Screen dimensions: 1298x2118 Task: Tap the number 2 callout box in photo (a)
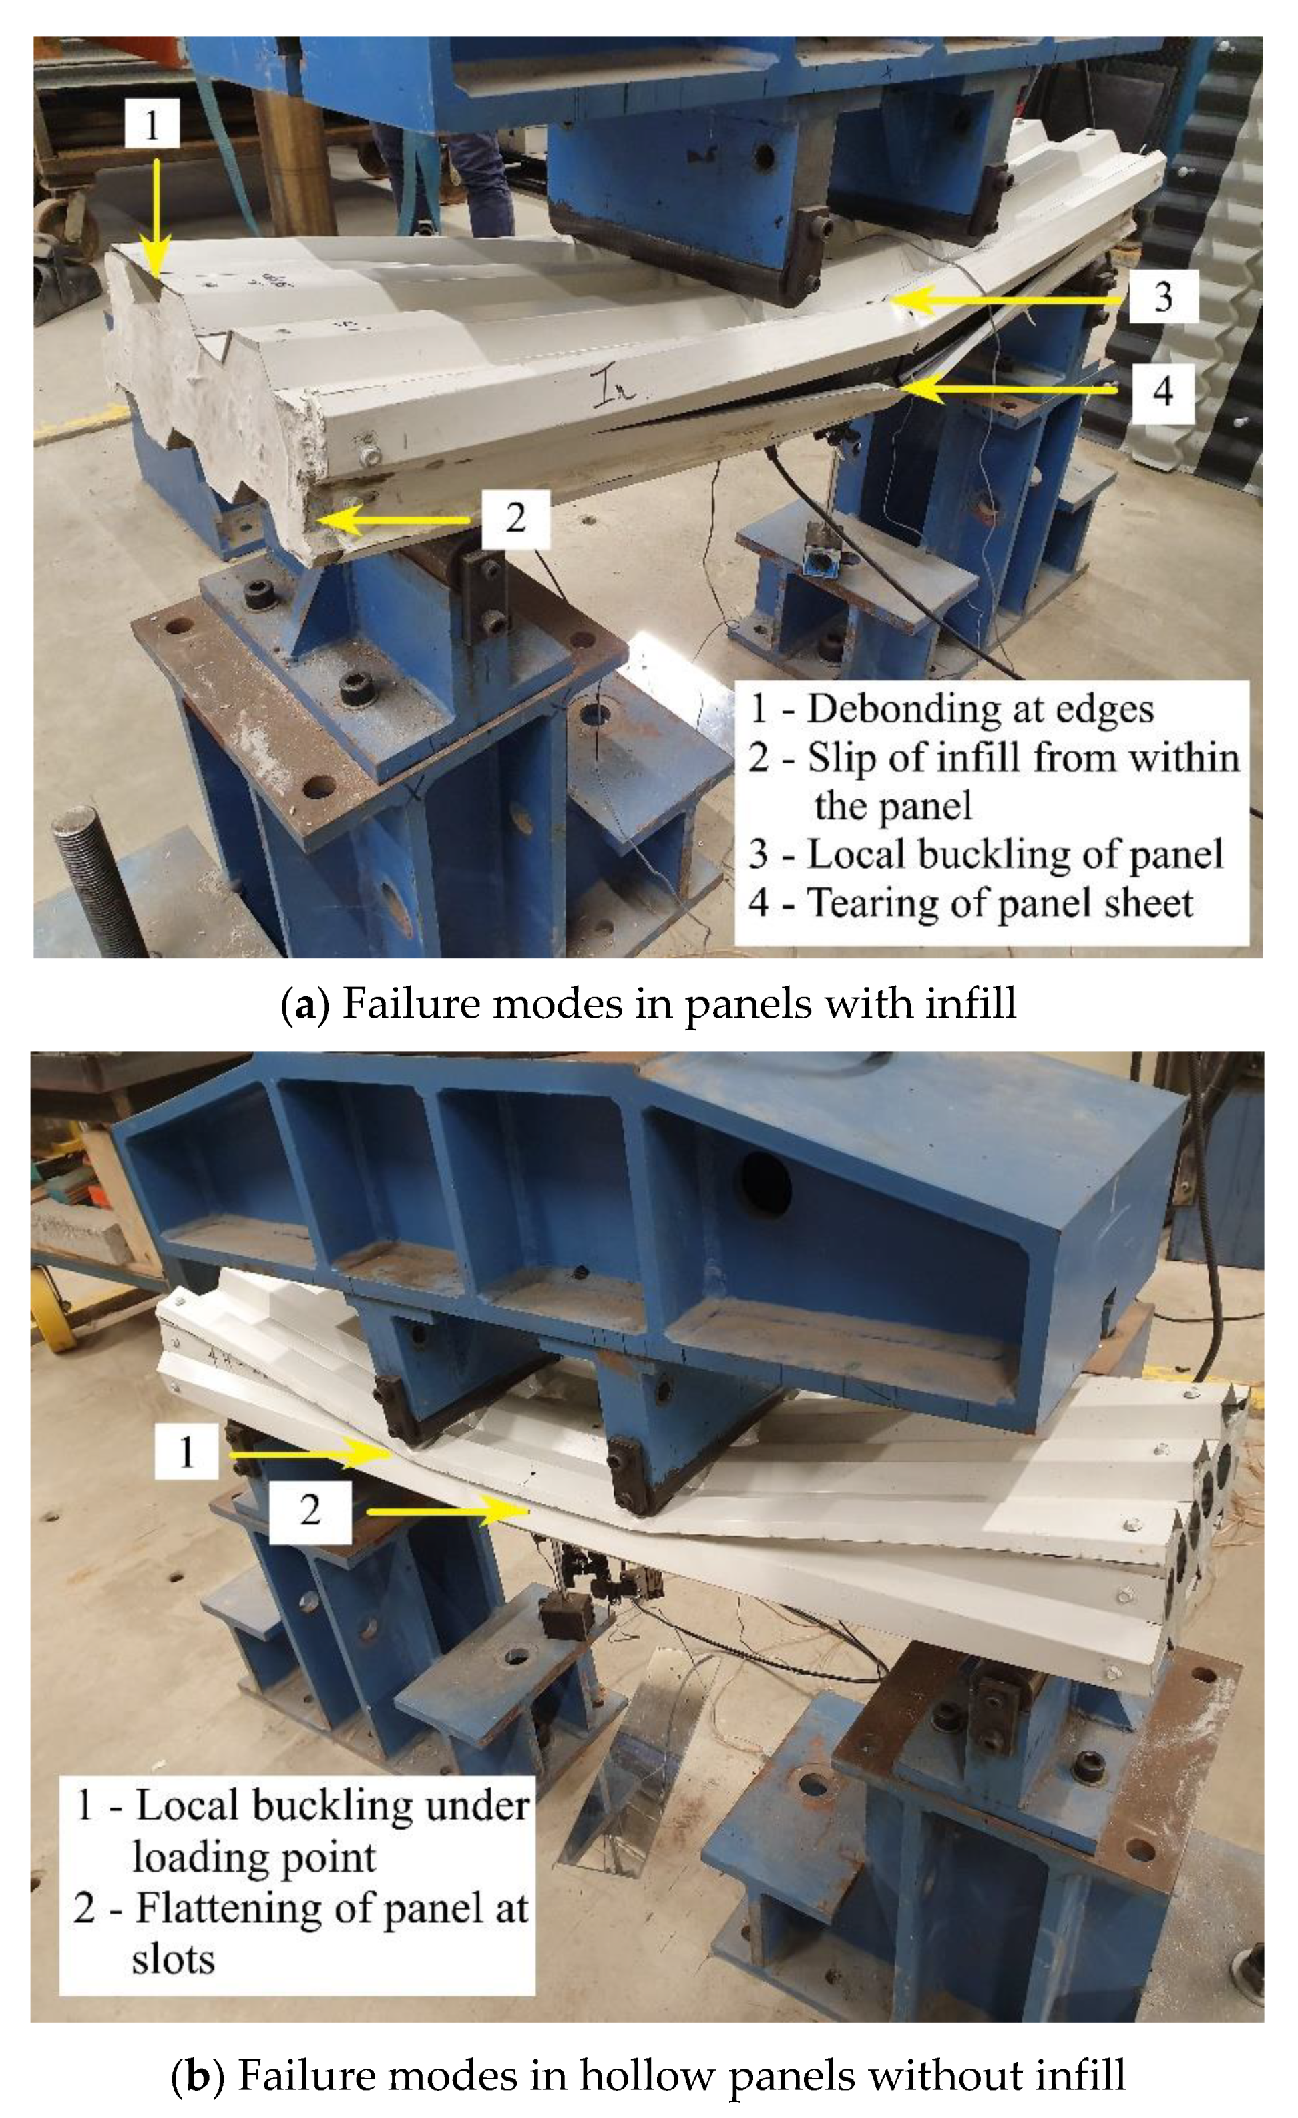point(515,518)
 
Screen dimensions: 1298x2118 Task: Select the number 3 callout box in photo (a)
point(1163,296)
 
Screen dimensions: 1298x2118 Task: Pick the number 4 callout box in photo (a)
point(1162,392)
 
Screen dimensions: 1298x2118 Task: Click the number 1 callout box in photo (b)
point(186,1451)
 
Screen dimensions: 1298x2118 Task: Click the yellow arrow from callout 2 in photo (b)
point(447,1510)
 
